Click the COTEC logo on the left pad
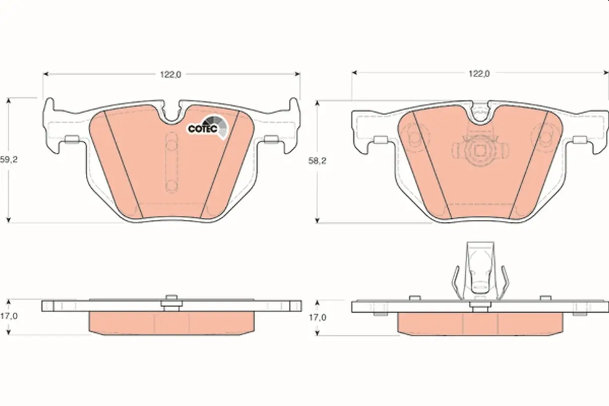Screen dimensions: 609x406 click(x=207, y=127)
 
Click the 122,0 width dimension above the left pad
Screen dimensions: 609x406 click(x=171, y=75)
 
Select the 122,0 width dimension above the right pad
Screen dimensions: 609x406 click(x=479, y=74)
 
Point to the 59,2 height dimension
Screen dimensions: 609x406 click(x=9, y=160)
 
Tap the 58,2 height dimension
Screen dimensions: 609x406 click(x=317, y=161)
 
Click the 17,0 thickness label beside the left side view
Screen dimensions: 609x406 click(x=9, y=316)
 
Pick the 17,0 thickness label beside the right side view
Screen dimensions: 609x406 click(x=317, y=317)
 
